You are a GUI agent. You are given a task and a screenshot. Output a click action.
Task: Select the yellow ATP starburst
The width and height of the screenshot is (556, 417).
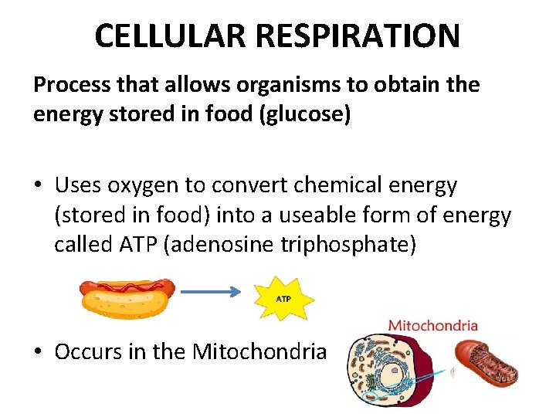[x=283, y=297]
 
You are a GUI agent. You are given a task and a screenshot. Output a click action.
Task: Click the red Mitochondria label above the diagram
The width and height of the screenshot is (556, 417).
[x=432, y=326]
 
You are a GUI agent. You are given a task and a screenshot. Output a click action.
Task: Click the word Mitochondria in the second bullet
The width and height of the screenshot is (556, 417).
[x=259, y=352]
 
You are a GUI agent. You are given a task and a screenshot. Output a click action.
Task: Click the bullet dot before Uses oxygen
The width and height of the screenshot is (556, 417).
[x=38, y=187]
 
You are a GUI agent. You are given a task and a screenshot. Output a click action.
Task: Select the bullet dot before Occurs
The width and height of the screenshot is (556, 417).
[x=38, y=353]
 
